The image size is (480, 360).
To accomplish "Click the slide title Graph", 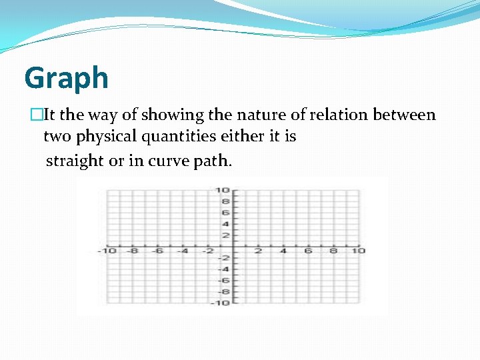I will (66, 79).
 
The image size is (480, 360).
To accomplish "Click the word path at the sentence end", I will (212, 161).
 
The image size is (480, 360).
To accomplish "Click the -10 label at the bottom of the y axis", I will (221, 303).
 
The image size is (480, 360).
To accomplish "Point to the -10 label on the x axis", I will (107, 251).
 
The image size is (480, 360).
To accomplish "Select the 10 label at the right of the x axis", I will (358, 251).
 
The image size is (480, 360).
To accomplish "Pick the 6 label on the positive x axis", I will (308, 251).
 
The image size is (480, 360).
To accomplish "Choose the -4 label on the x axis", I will (182, 251).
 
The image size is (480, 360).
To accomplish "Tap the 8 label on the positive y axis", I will (225, 201).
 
